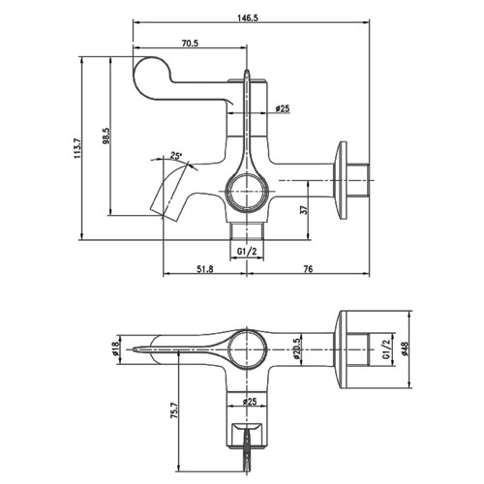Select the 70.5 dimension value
coord(190,42)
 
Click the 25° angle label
coord(175,156)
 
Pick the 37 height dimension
coord(306,209)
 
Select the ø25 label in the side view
coord(283,109)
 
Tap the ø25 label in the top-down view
coord(249,400)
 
